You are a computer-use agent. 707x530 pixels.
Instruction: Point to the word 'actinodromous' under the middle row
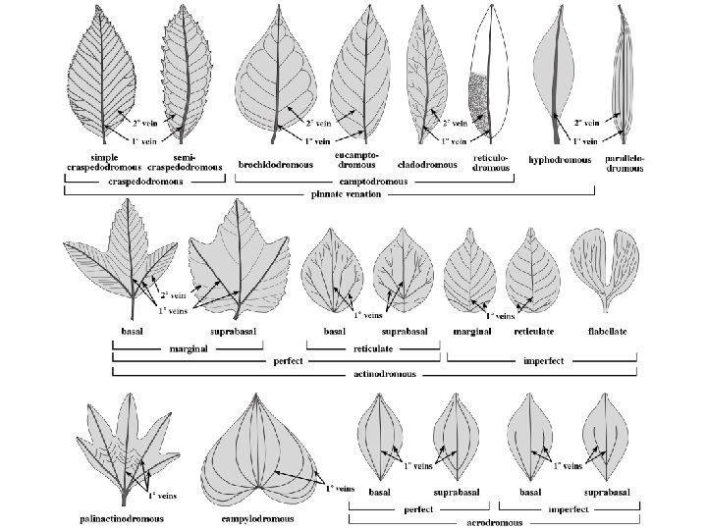(x=378, y=374)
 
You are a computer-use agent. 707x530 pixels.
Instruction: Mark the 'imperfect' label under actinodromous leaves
(x=542, y=360)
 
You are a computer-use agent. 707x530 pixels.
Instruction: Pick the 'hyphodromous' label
(x=560, y=160)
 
